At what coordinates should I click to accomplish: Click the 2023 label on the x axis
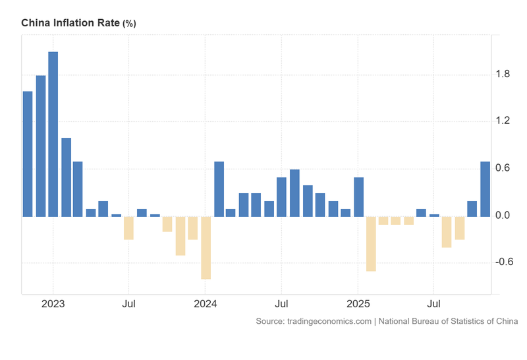coord(53,305)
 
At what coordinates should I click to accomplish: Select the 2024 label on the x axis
coord(206,305)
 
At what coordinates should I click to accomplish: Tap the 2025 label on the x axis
coord(358,305)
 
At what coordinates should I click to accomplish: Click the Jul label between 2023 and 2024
coord(129,305)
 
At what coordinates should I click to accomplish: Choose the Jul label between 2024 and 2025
coord(281,305)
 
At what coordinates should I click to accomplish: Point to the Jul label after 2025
coord(433,305)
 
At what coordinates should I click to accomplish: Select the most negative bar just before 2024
coord(206,247)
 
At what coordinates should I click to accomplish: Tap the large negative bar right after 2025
coord(371,243)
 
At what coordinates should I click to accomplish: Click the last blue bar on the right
coord(485,189)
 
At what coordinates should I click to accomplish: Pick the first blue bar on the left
coord(28,154)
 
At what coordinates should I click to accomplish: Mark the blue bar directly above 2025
coord(358,196)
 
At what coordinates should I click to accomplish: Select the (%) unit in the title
coord(128,24)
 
